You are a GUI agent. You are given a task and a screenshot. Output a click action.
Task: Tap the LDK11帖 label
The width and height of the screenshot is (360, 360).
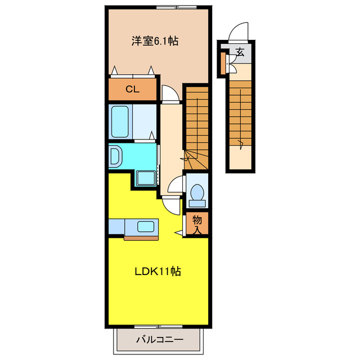pos(157,271)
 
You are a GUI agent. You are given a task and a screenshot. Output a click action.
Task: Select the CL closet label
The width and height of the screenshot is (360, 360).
pos(132,89)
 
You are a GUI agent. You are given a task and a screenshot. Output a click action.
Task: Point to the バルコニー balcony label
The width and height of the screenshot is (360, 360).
pos(159,340)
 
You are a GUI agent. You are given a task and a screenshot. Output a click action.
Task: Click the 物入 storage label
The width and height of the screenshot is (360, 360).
pos(197,224)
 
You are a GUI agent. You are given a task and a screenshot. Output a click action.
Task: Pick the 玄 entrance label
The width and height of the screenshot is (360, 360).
pos(240,53)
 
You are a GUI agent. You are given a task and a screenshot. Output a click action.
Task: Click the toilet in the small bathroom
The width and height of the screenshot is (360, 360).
pos(197,193)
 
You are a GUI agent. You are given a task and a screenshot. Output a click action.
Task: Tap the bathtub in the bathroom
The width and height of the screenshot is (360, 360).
pos(120,120)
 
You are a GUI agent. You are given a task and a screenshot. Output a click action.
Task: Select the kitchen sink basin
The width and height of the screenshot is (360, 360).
pos(146,227)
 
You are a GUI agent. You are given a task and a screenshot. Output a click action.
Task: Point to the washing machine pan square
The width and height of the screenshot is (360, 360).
pos(146,179)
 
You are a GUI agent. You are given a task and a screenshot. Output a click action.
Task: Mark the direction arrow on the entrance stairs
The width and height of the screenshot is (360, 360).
pos(241,145)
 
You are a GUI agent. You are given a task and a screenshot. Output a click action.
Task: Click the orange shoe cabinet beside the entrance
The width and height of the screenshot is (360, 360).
pos(223,62)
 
